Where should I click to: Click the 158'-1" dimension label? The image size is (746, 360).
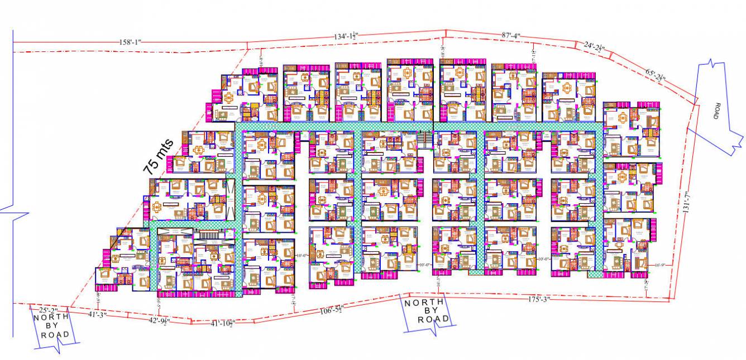coord(131,42)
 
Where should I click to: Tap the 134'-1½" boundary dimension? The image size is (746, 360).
coord(346,36)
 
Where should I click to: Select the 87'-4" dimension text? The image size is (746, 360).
coord(510,35)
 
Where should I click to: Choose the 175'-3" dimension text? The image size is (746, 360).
coord(538,300)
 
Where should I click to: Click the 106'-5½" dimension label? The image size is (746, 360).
coord(332,310)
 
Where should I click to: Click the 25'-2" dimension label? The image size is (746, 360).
coord(48,309)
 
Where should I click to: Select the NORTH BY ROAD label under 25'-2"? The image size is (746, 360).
coord(52,326)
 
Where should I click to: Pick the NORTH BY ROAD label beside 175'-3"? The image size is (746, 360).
coord(427,311)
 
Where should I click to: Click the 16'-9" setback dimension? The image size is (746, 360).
coord(660,265)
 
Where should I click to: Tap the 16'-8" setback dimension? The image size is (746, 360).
coord(261,60)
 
